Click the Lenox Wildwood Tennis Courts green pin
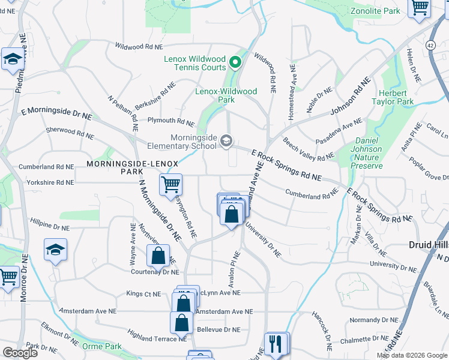coord(236,61)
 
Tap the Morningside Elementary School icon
coord(226,141)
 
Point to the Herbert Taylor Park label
coord(396,98)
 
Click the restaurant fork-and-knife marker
coord(276,344)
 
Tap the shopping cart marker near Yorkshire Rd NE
coord(171,184)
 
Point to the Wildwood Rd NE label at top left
coord(138,46)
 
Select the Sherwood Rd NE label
coord(70,134)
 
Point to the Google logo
coord(20,353)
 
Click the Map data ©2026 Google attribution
coord(411,355)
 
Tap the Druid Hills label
coord(429,245)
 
